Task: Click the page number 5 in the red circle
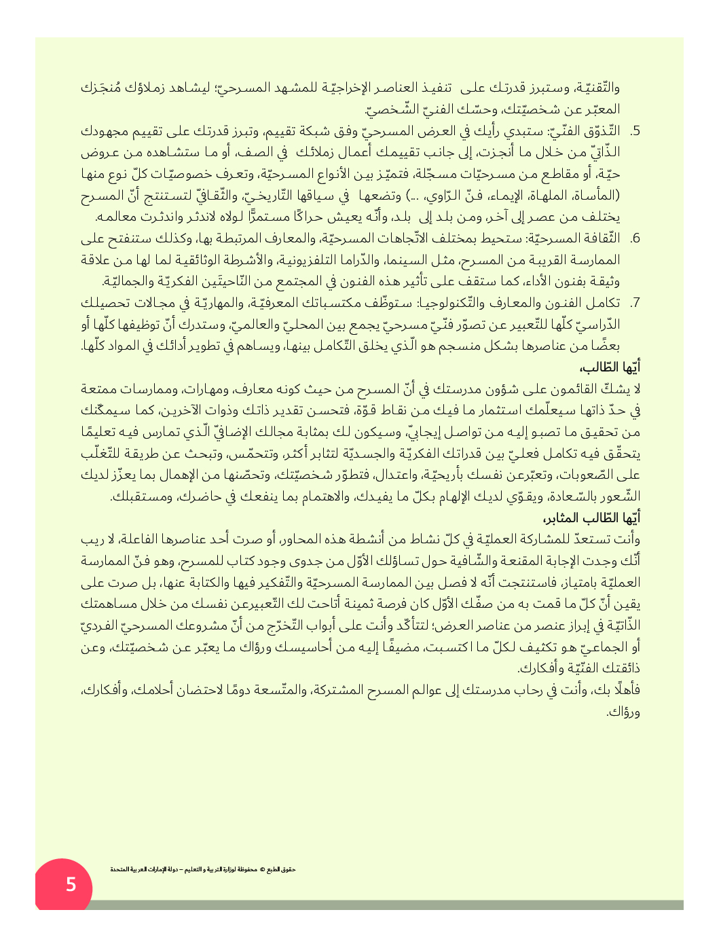click(x=71, y=885)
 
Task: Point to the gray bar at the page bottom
click(x=387, y=905)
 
